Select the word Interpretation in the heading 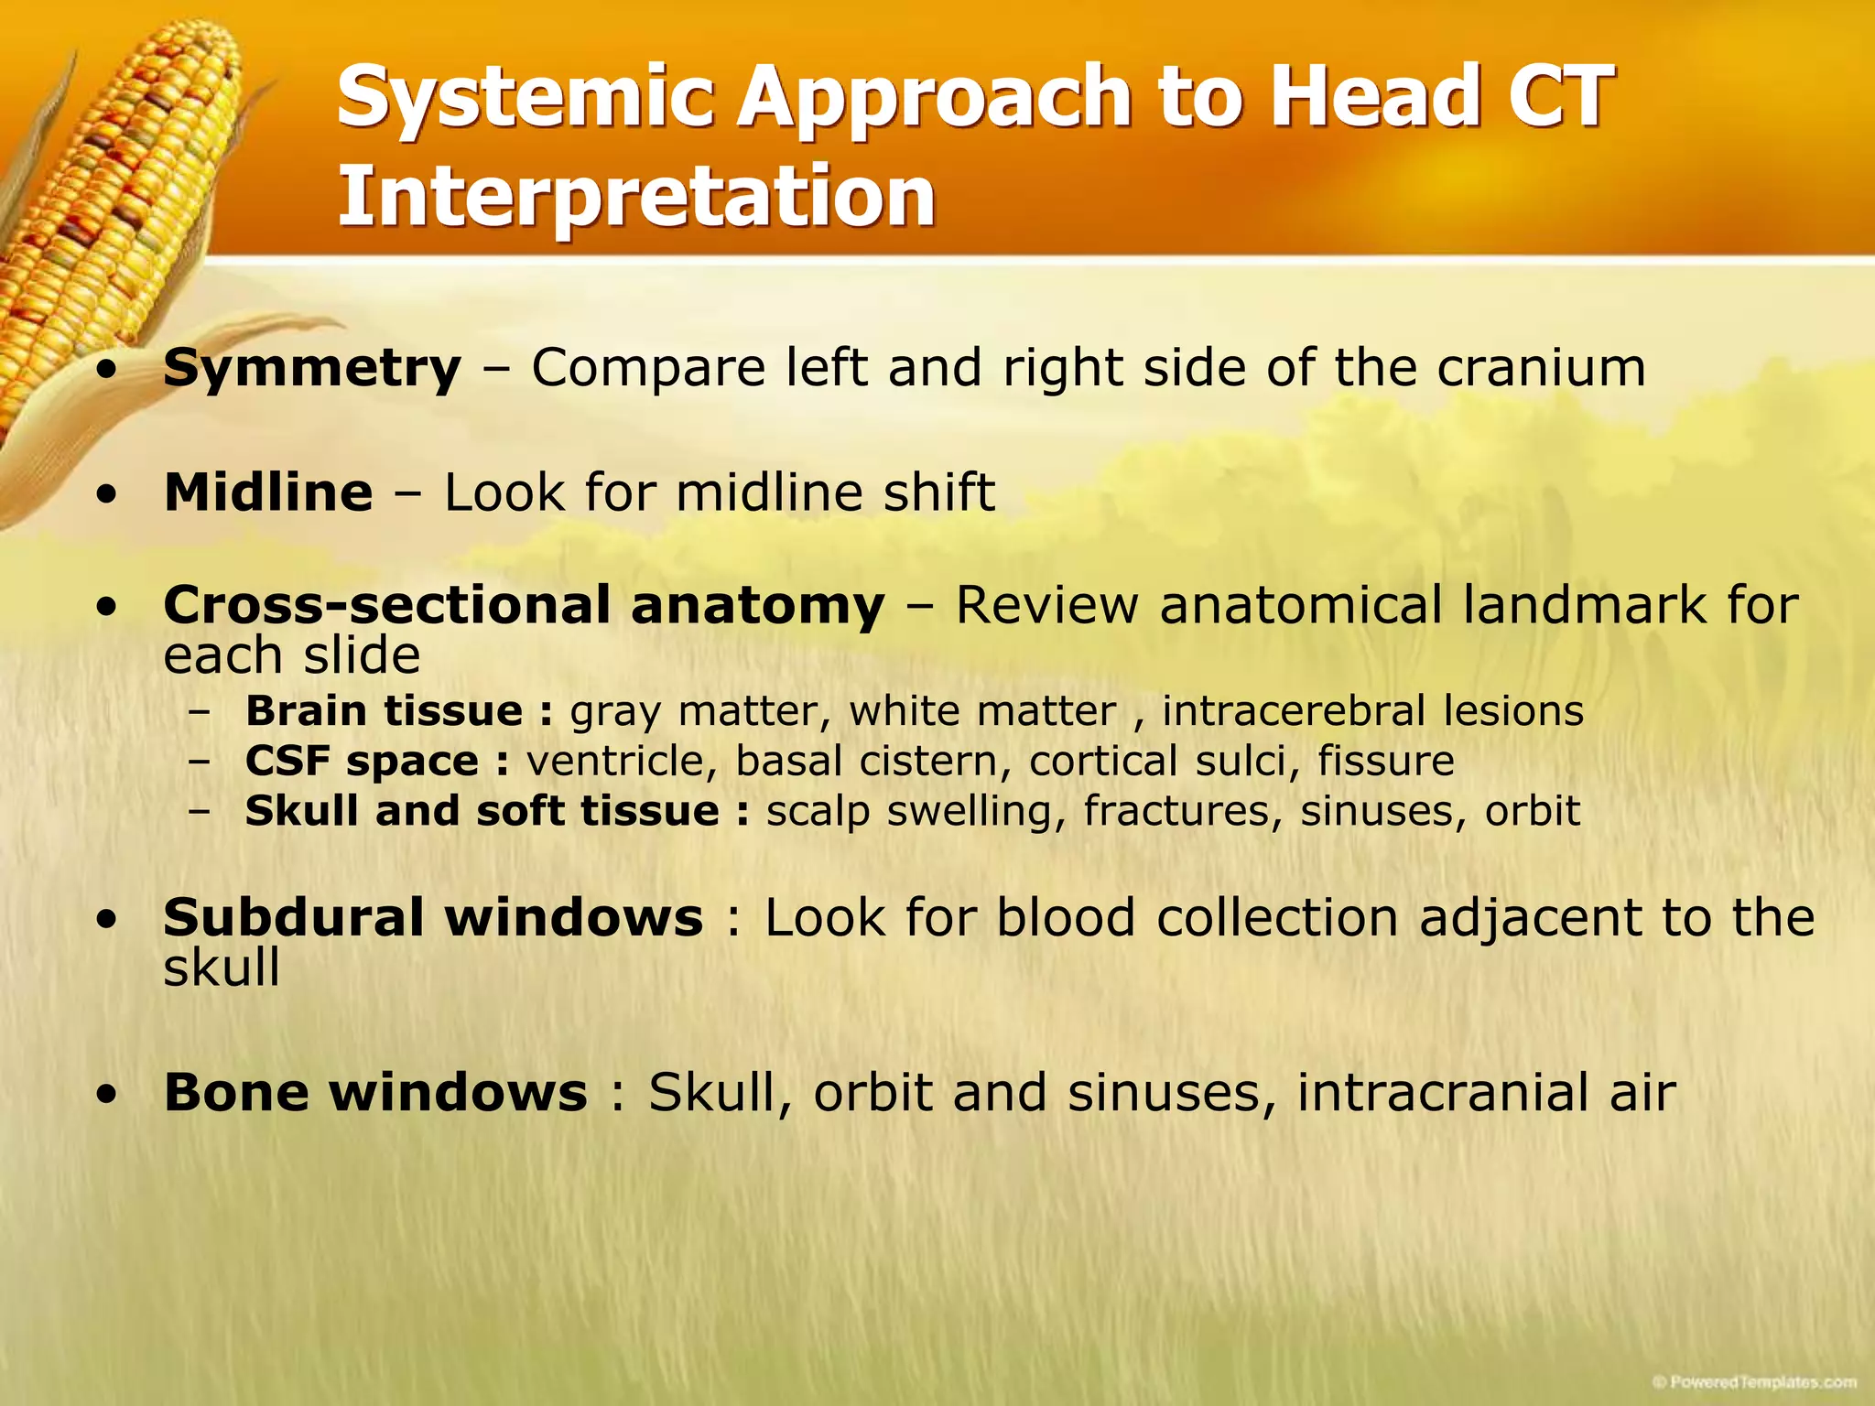pyautogui.click(x=636, y=196)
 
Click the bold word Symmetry pyautogui.click(x=312, y=369)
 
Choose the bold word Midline pyautogui.click(x=268, y=492)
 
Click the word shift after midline pyautogui.click(x=938, y=492)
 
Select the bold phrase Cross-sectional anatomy pyautogui.click(x=524, y=605)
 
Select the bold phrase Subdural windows pyautogui.click(x=433, y=917)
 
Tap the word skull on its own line pyautogui.click(x=222, y=968)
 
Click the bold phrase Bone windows pyautogui.click(x=375, y=1092)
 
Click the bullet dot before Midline pyautogui.click(x=108, y=495)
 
